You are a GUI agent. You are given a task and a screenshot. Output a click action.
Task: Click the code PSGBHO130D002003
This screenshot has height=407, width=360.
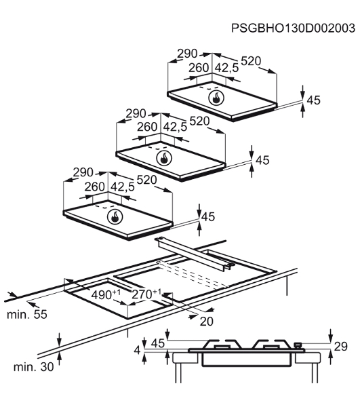click(293, 28)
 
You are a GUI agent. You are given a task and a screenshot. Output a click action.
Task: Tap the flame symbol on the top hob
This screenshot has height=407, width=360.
click(216, 98)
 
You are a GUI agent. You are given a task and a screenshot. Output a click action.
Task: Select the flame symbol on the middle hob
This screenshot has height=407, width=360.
click(164, 158)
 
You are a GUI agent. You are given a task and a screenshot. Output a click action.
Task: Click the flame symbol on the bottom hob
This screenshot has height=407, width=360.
click(115, 216)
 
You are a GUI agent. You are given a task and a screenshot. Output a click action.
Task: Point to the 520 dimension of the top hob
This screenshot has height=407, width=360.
click(251, 61)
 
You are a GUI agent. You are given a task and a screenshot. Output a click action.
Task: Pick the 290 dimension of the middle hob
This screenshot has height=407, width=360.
click(136, 114)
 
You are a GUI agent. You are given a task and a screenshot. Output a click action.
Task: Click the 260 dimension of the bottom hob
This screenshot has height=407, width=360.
click(95, 187)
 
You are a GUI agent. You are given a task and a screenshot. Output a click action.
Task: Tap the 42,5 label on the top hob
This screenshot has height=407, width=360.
click(226, 68)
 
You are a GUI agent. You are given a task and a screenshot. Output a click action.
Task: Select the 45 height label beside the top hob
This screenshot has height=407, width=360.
click(313, 100)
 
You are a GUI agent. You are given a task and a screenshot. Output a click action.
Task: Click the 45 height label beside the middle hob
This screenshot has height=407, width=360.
click(262, 160)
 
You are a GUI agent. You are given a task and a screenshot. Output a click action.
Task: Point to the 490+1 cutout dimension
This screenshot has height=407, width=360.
click(106, 294)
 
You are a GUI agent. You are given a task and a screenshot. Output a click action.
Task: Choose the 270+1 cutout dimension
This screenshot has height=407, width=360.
click(146, 294)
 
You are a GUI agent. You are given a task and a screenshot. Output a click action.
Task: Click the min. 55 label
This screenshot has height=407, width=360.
click(26, 315)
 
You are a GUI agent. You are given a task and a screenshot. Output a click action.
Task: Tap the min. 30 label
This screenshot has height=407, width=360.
click(33, 367)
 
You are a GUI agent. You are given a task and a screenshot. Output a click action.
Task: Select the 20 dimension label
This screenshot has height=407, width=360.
click(207, 322)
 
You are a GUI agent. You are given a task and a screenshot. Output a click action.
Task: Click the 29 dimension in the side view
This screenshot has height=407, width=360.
click(340, 347)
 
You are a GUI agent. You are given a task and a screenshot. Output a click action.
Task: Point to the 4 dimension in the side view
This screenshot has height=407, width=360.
click(137, 351)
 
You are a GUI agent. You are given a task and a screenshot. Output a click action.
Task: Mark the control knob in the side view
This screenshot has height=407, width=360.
click(297, 345)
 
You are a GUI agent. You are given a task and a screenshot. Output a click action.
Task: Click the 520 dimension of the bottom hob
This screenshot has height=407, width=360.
click(146, 180)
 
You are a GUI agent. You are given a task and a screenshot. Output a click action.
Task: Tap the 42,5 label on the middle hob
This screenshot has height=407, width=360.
click(175, 127)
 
